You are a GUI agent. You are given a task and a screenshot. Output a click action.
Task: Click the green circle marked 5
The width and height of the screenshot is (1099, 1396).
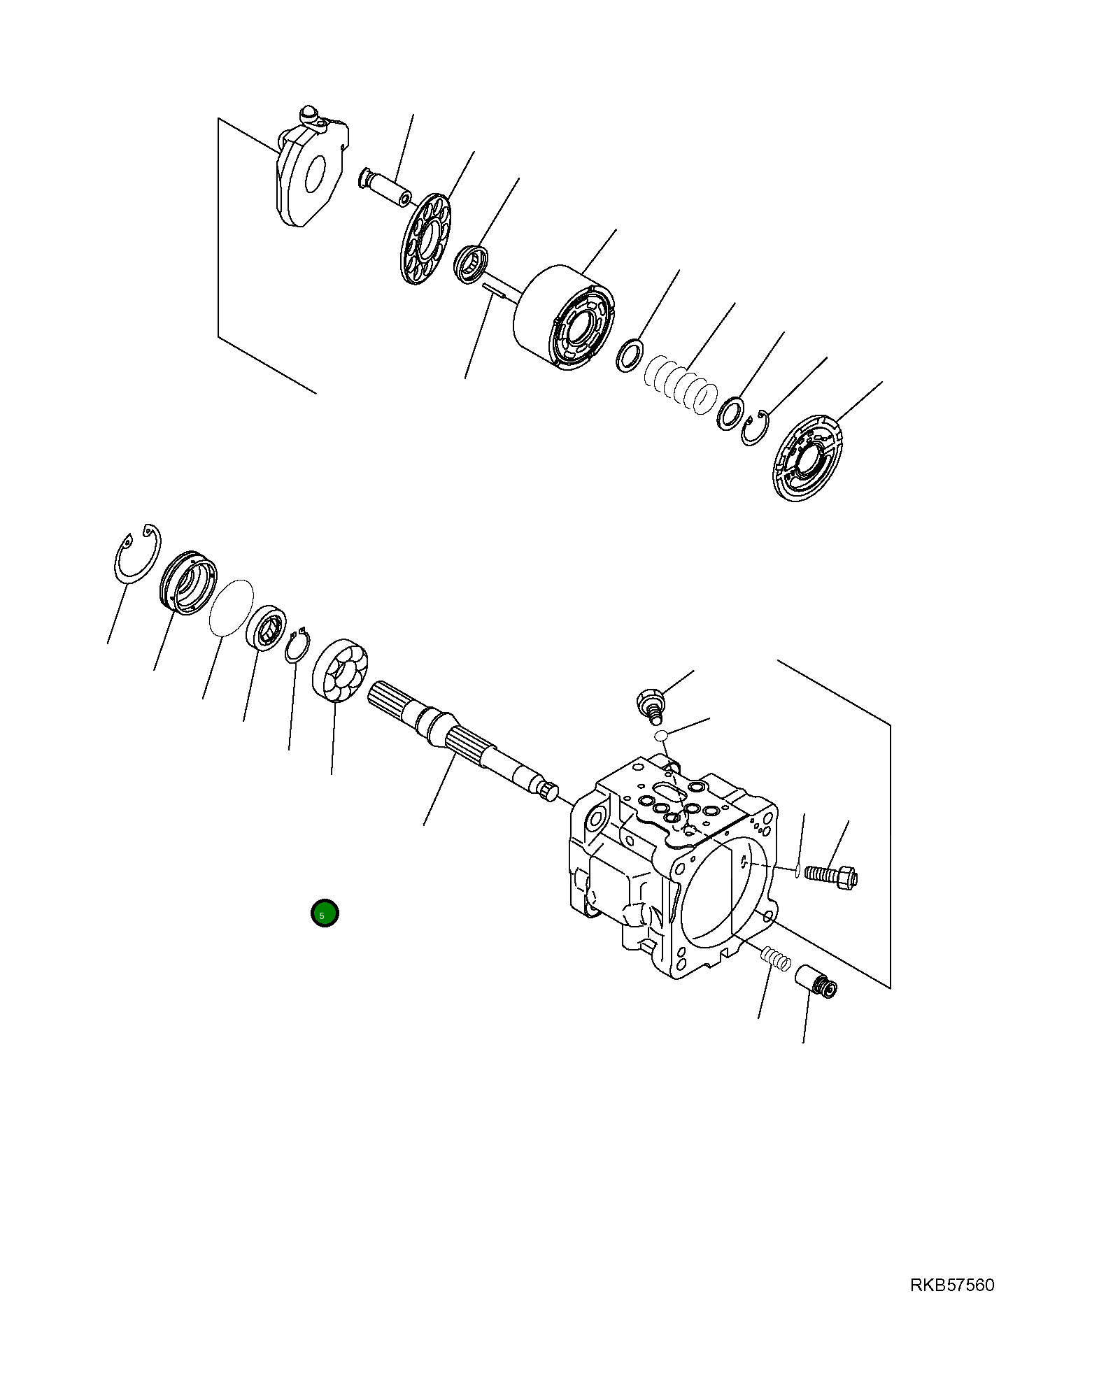325,913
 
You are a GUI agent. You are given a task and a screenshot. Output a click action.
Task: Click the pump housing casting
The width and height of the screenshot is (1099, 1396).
672,867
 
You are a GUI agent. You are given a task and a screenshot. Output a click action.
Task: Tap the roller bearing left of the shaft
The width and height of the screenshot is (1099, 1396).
340,669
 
